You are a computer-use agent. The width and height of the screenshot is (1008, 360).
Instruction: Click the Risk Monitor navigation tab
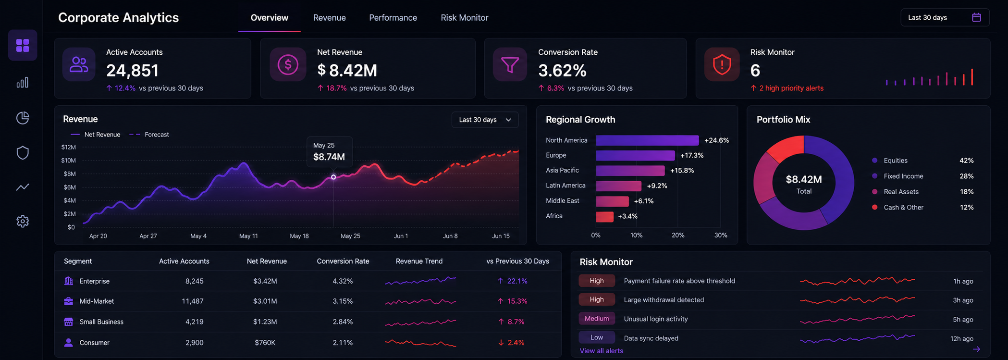tap(464, 18)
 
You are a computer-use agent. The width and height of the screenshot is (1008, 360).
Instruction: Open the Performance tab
tap(393, 18)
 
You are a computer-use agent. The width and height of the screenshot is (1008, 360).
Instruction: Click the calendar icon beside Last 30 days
tap(976, 17)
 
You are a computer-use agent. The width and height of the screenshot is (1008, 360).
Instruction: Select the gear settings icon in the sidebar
tap(23, 221)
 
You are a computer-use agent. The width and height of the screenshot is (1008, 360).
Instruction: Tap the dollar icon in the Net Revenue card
tap(288, 64)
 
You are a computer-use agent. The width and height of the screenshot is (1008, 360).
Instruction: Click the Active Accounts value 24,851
tap(132, 71)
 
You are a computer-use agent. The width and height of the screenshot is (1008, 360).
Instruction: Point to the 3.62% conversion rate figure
tap(562, 71)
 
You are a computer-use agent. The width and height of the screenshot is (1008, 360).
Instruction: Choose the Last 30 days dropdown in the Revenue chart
tap(485, 120)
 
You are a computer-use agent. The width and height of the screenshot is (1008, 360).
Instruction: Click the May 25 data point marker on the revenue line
tap(333, 177)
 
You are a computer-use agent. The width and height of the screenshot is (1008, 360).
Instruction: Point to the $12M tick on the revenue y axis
tap(69, 147)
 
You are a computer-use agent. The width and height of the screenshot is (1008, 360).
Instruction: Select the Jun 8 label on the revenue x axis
tap(450, 236)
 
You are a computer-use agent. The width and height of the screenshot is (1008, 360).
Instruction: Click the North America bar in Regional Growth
tap(647, 140)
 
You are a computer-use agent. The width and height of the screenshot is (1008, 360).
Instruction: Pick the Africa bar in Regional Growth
tap(604, 216)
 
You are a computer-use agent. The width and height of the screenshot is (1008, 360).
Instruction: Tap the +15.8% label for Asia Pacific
tap(682, 171)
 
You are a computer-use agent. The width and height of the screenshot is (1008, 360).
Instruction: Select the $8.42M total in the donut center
tap(804, 179)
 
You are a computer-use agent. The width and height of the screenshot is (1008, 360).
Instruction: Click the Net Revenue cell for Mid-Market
tap(265, 301)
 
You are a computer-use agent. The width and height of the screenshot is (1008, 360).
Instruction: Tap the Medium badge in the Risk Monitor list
tap(597, 319)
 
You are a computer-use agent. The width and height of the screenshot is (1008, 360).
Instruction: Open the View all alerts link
tap(601, 351)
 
